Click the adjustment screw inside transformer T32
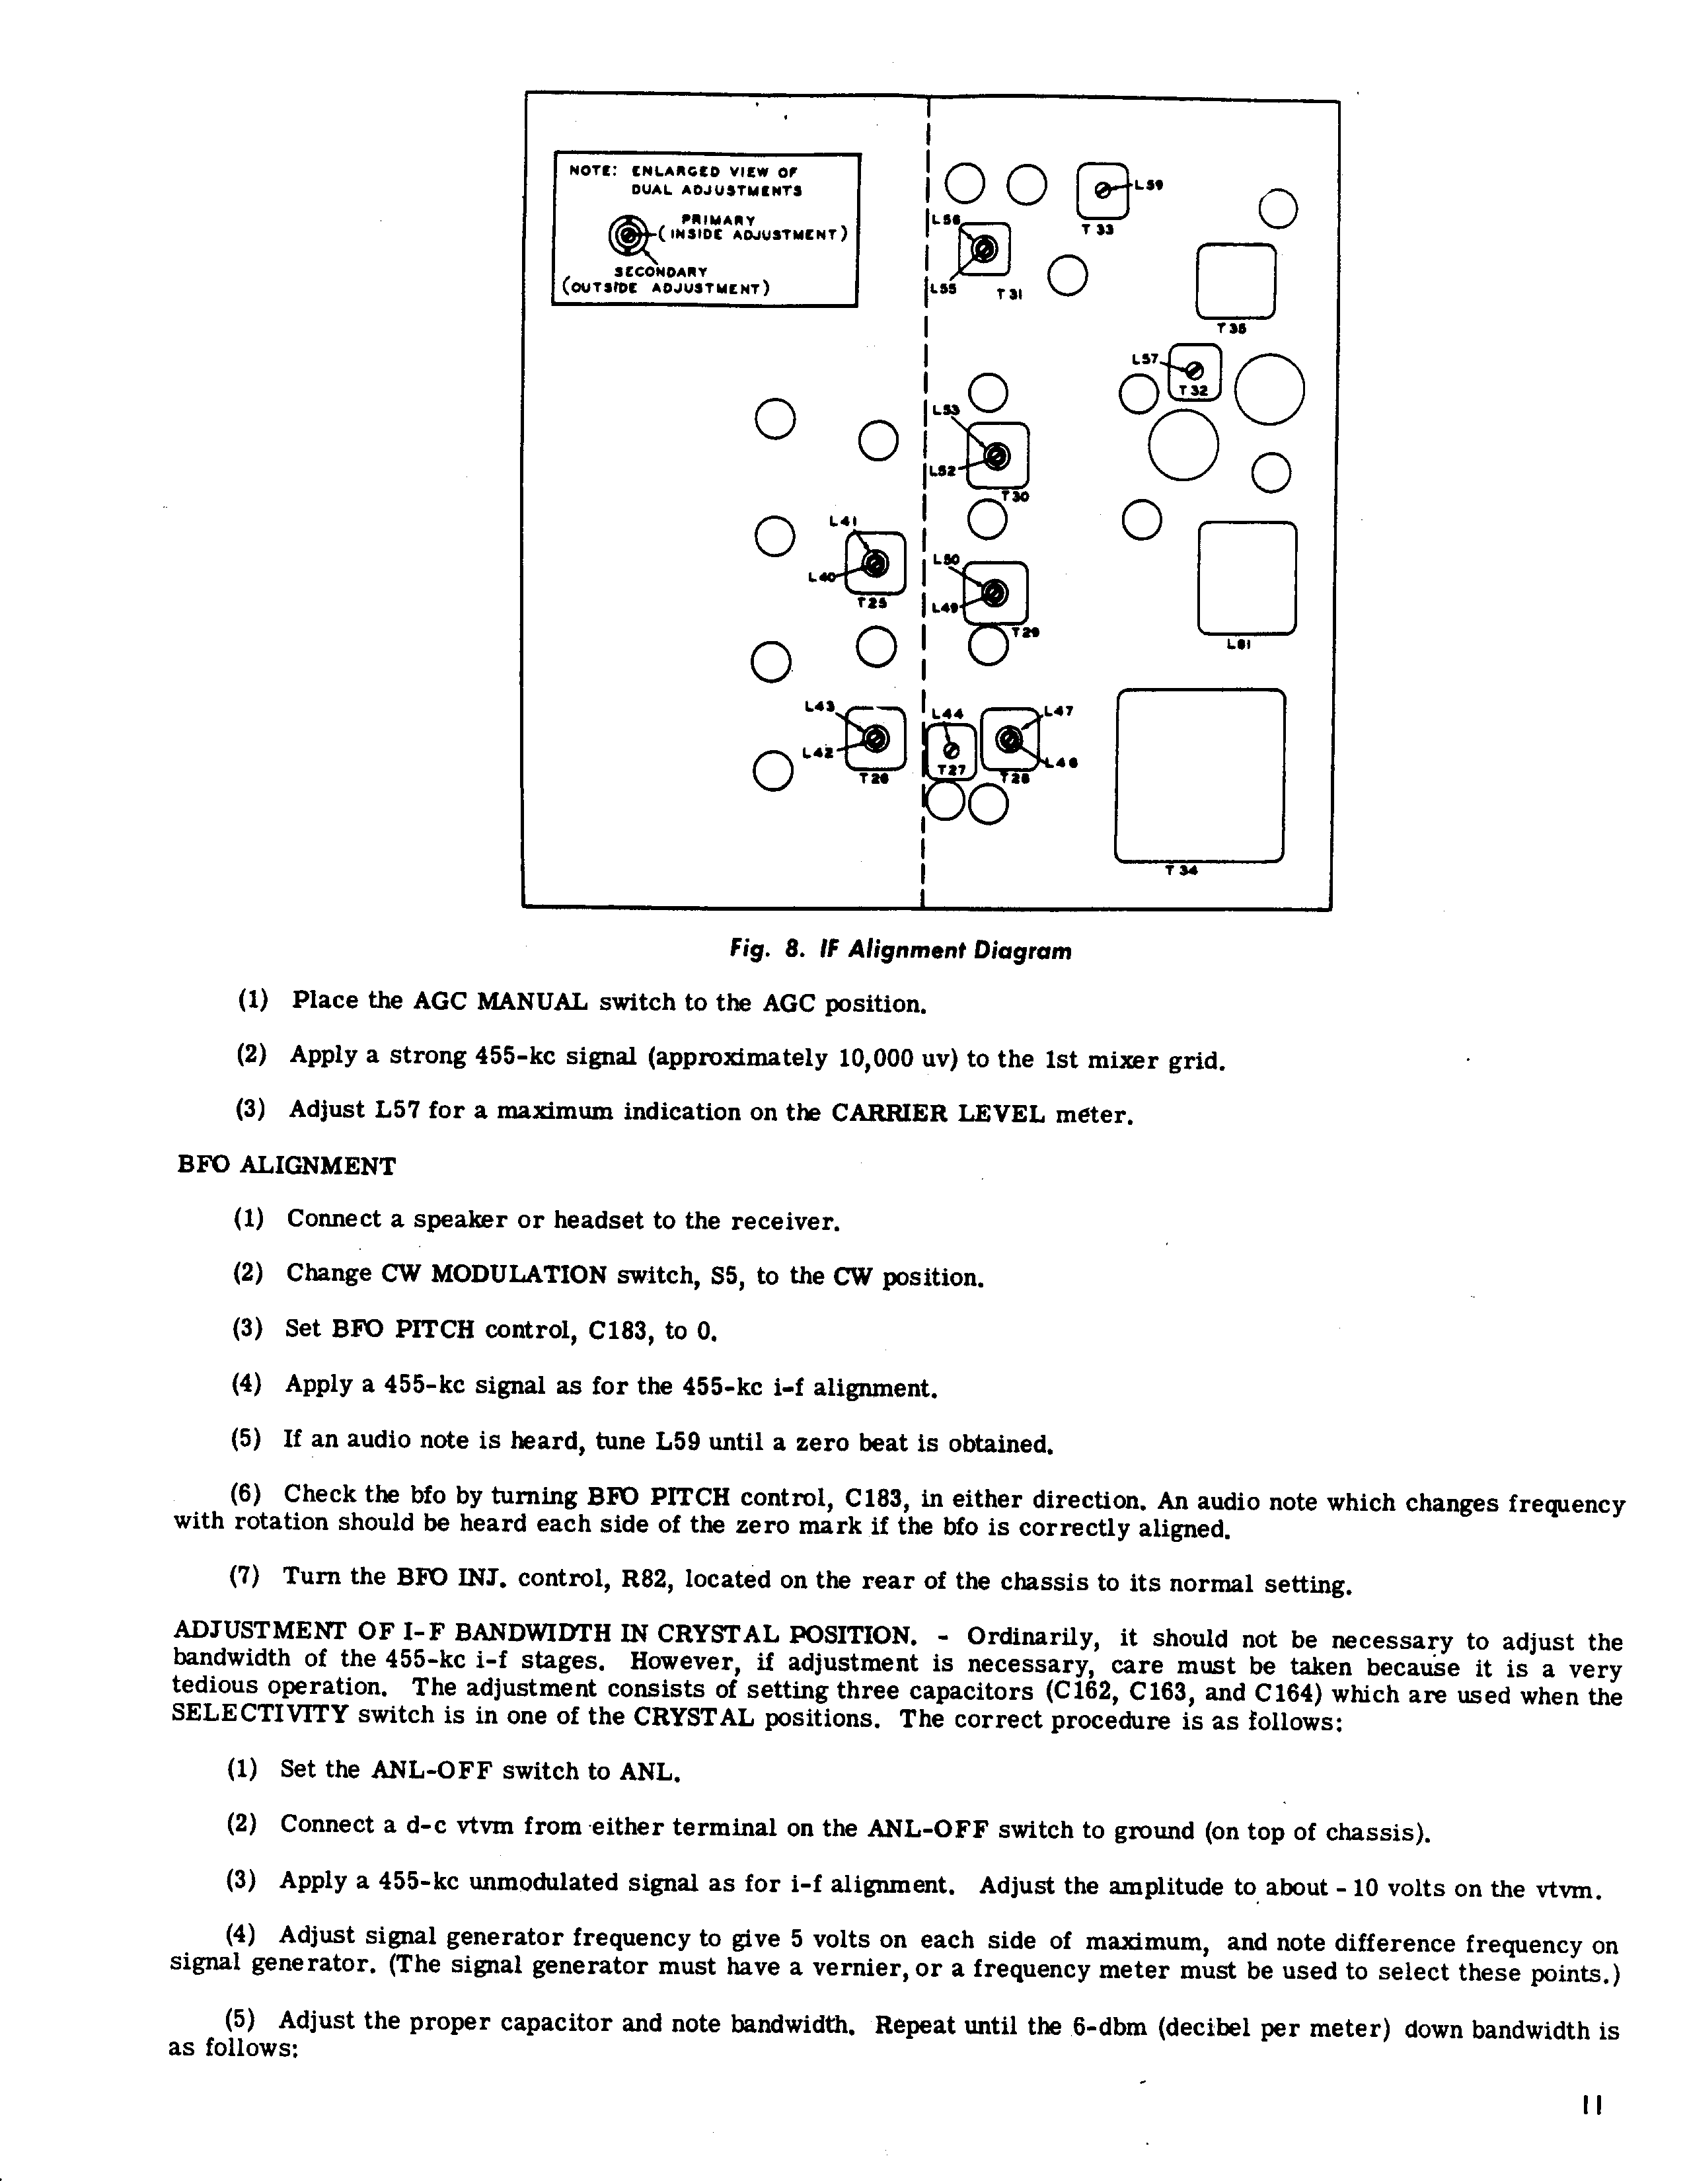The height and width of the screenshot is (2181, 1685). pos(1195,371)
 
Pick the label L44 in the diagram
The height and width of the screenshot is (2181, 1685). pos(948,713)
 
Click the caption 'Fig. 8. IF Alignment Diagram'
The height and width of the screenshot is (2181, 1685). pos(901,950)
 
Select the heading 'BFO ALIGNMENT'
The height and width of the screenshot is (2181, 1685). pos(287,1167)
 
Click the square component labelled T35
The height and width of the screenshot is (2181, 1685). pos(1235,281)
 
